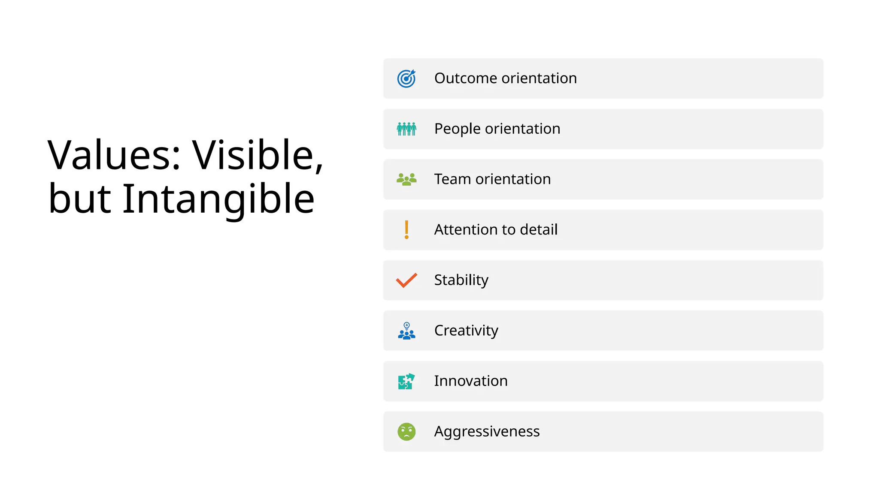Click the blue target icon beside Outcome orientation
pos(406,78)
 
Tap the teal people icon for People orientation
pos(406,129)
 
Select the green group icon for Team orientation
pos(406,179)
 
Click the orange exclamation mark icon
pos(406,229)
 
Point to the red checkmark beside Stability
pos(406,280)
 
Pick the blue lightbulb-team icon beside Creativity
pos(406,331)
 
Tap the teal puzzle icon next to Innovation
pos(406,381)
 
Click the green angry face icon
pos(406,431)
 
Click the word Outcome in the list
pos(466,78)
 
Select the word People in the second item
pos(458,129)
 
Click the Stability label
pos(461,280)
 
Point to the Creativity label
pos(466,331)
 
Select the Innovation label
pos(471,381)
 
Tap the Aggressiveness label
pos(487,431)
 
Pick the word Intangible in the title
pos(218,199)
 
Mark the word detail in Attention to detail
pos(539,230)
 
